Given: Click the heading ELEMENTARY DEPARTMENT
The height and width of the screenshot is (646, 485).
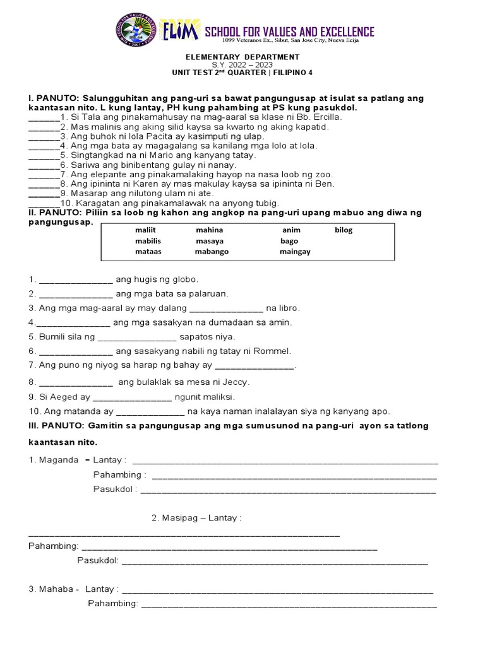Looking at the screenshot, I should pyautogui.click(x=242, y=57).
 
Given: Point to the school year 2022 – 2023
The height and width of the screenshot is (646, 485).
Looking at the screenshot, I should pyautogui.click(x=242, y=64).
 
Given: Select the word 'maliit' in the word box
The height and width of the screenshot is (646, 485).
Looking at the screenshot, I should pyautogui.click(x=145, y=230).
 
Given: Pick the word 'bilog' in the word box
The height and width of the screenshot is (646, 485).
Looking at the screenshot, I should pyautogui.click(x=344, y=230).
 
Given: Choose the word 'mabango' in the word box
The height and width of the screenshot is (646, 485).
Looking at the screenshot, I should pyautogui.click(x=212, y=252).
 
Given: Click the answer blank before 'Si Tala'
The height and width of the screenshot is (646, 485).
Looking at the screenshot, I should pyautogui.click(x=42, y=118).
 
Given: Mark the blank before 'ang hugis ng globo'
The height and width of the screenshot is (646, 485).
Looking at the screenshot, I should pyautogui.click(x=76, y=279).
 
